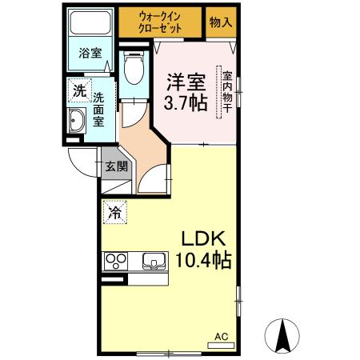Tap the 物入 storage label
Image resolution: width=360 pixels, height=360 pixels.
(x=221, y=22)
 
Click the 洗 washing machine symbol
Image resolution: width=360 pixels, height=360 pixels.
(x=79, y=90)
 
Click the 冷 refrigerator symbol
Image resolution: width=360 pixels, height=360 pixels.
(x=114, y=213)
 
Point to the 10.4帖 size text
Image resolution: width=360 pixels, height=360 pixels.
(x=204, y=260)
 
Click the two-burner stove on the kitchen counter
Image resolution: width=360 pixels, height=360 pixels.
(x=117, y=261)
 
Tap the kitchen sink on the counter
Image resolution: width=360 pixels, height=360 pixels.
(x=153, y=261)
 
